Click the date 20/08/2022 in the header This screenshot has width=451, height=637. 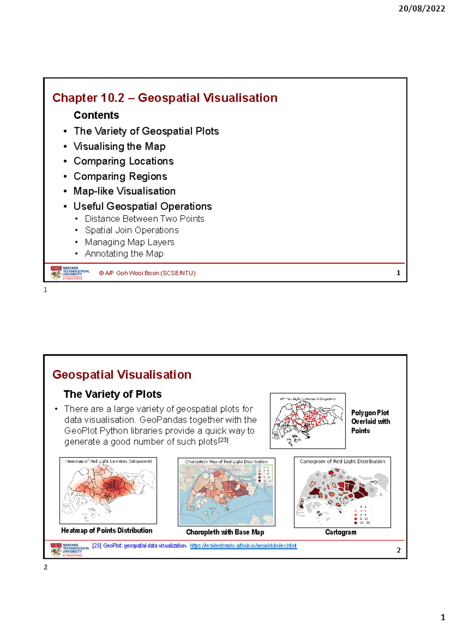pyautogui.click(x=421, y=9)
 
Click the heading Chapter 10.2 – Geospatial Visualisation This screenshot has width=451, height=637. pyautogui.click(x=165, y=98)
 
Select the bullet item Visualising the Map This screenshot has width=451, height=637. pyautogui.click(x=119, y=146)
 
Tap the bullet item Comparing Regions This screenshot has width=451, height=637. pyautogui.click(x=120, y=176)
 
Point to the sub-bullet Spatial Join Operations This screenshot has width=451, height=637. pyautogui.click(x=132, y=230)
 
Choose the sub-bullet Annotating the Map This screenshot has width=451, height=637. pyautogui.click(x=124, y=254)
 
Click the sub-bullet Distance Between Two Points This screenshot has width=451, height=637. pyautogui.click(x=144, y=219)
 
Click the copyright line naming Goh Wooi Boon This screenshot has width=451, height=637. pyautogui.click(x=147, y=273)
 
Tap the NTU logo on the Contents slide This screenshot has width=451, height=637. pyautogui.click(x=70, y=273)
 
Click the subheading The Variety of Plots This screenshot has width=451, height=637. pyautogui.click(x=112, y=394)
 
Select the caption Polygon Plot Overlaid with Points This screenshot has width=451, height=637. pyautogui.click(x=370, y=421)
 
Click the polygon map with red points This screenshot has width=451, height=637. pyautogui.click(x=307, y=421)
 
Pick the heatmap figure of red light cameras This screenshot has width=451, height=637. pyautogui.click(x=108, y=490)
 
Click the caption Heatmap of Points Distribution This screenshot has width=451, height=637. pyautogui.click(x=107, y=530)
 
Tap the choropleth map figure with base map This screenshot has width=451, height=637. pyautogui.click(x=226, y=492)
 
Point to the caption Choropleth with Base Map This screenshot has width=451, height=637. pyautogui.click(x=225, y=532)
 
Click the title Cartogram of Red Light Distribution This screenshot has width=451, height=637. pyautogui.click(x=342, y=461)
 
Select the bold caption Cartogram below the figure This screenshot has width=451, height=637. pyautogui.click(x=341, y=532)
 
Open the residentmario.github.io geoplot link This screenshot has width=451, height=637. pyautogui.click(x=243, y=546)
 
